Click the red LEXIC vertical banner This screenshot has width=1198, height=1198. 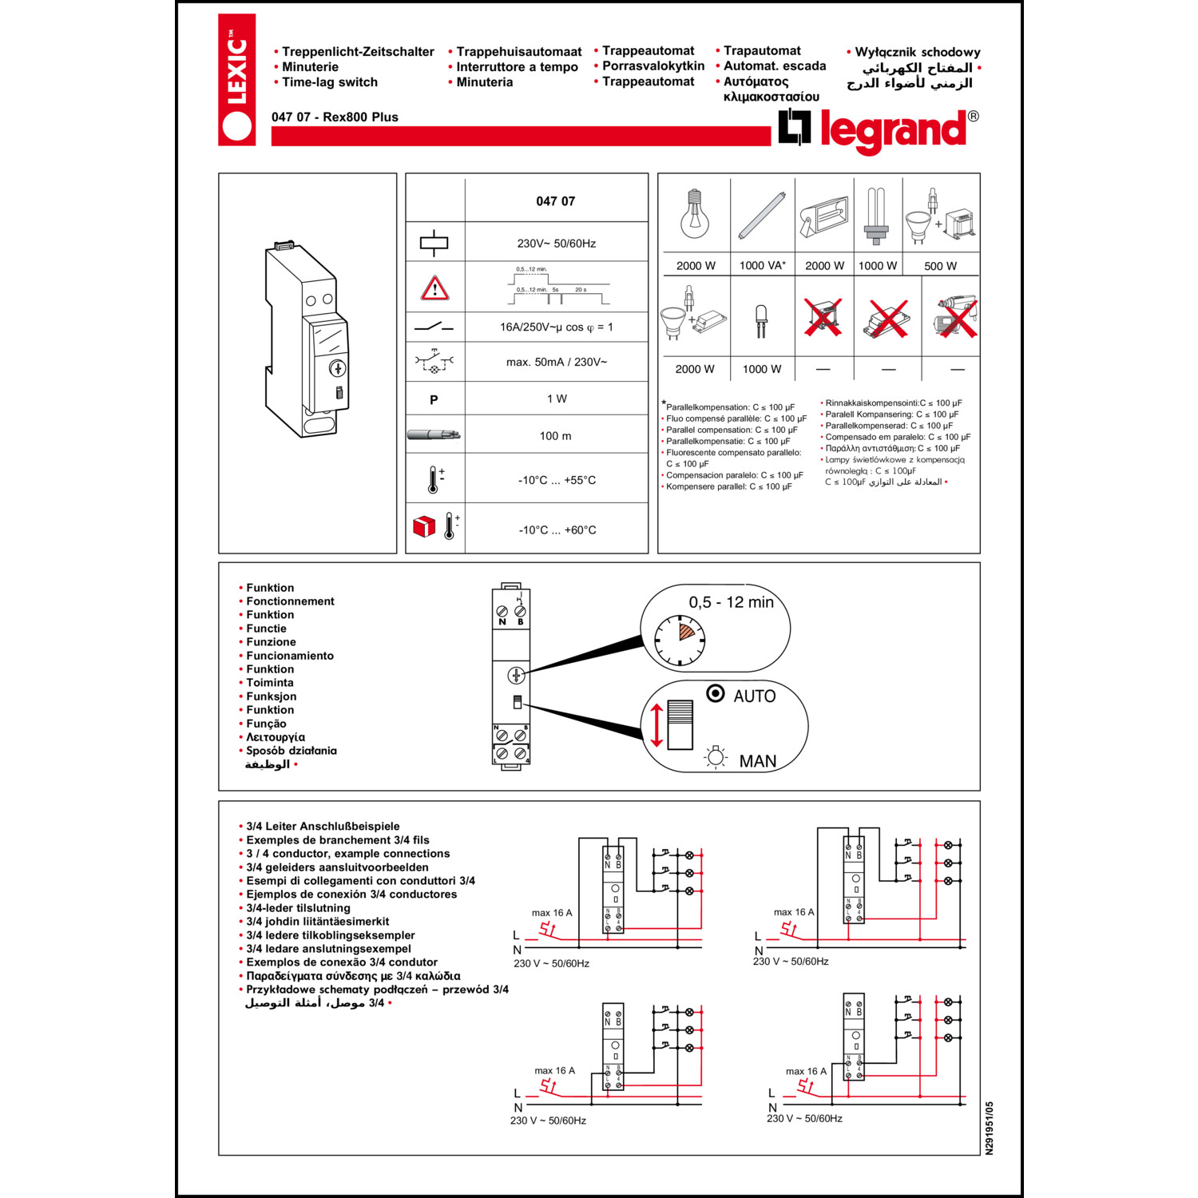pyautogui.click(x=236, y=80)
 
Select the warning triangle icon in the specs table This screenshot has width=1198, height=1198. pyautogui.click(x=434, y=288)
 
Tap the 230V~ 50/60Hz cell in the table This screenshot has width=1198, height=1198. pyautogui.click(x=556, y=244)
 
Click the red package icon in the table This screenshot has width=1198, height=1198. pyautogui.click(x=424, y=526)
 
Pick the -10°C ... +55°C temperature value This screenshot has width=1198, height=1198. pyautogui.click(x=557, y=480)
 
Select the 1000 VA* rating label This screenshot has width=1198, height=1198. pyautogui.click(x=762, y=266)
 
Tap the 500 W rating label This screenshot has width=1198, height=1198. pyautogui.click(x=940, y=266)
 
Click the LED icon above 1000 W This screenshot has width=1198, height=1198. pyautogui.click(x=761, y=320)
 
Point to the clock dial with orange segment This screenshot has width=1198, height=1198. pyautogui.click(x=680, y=640)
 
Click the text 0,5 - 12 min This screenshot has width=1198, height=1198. pyautogui.click(x=731, y=602)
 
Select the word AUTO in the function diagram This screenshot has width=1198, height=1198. pyautogui.click(x=754, y=696)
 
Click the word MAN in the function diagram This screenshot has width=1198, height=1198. pyautogui.click(x=757, y=761)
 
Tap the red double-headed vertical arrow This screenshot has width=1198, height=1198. pyautogui.click(x=657, y=725)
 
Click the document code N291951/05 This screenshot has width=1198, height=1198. pyautogui.click(x=989, y=1128)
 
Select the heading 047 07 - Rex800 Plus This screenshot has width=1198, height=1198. pyautogui.click(x=335, y=117)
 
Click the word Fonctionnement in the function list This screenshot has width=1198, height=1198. pyautogui.click(x=290, y=601)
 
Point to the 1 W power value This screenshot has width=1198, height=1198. pyautogui.click(x=557, y=399)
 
